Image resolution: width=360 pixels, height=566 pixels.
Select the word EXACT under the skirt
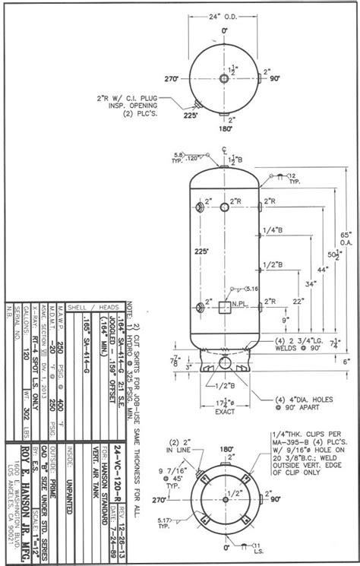pos(224,413)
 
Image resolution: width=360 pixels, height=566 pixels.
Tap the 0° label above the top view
pos(225,30)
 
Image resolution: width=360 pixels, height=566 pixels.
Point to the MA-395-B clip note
pos(303,451)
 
